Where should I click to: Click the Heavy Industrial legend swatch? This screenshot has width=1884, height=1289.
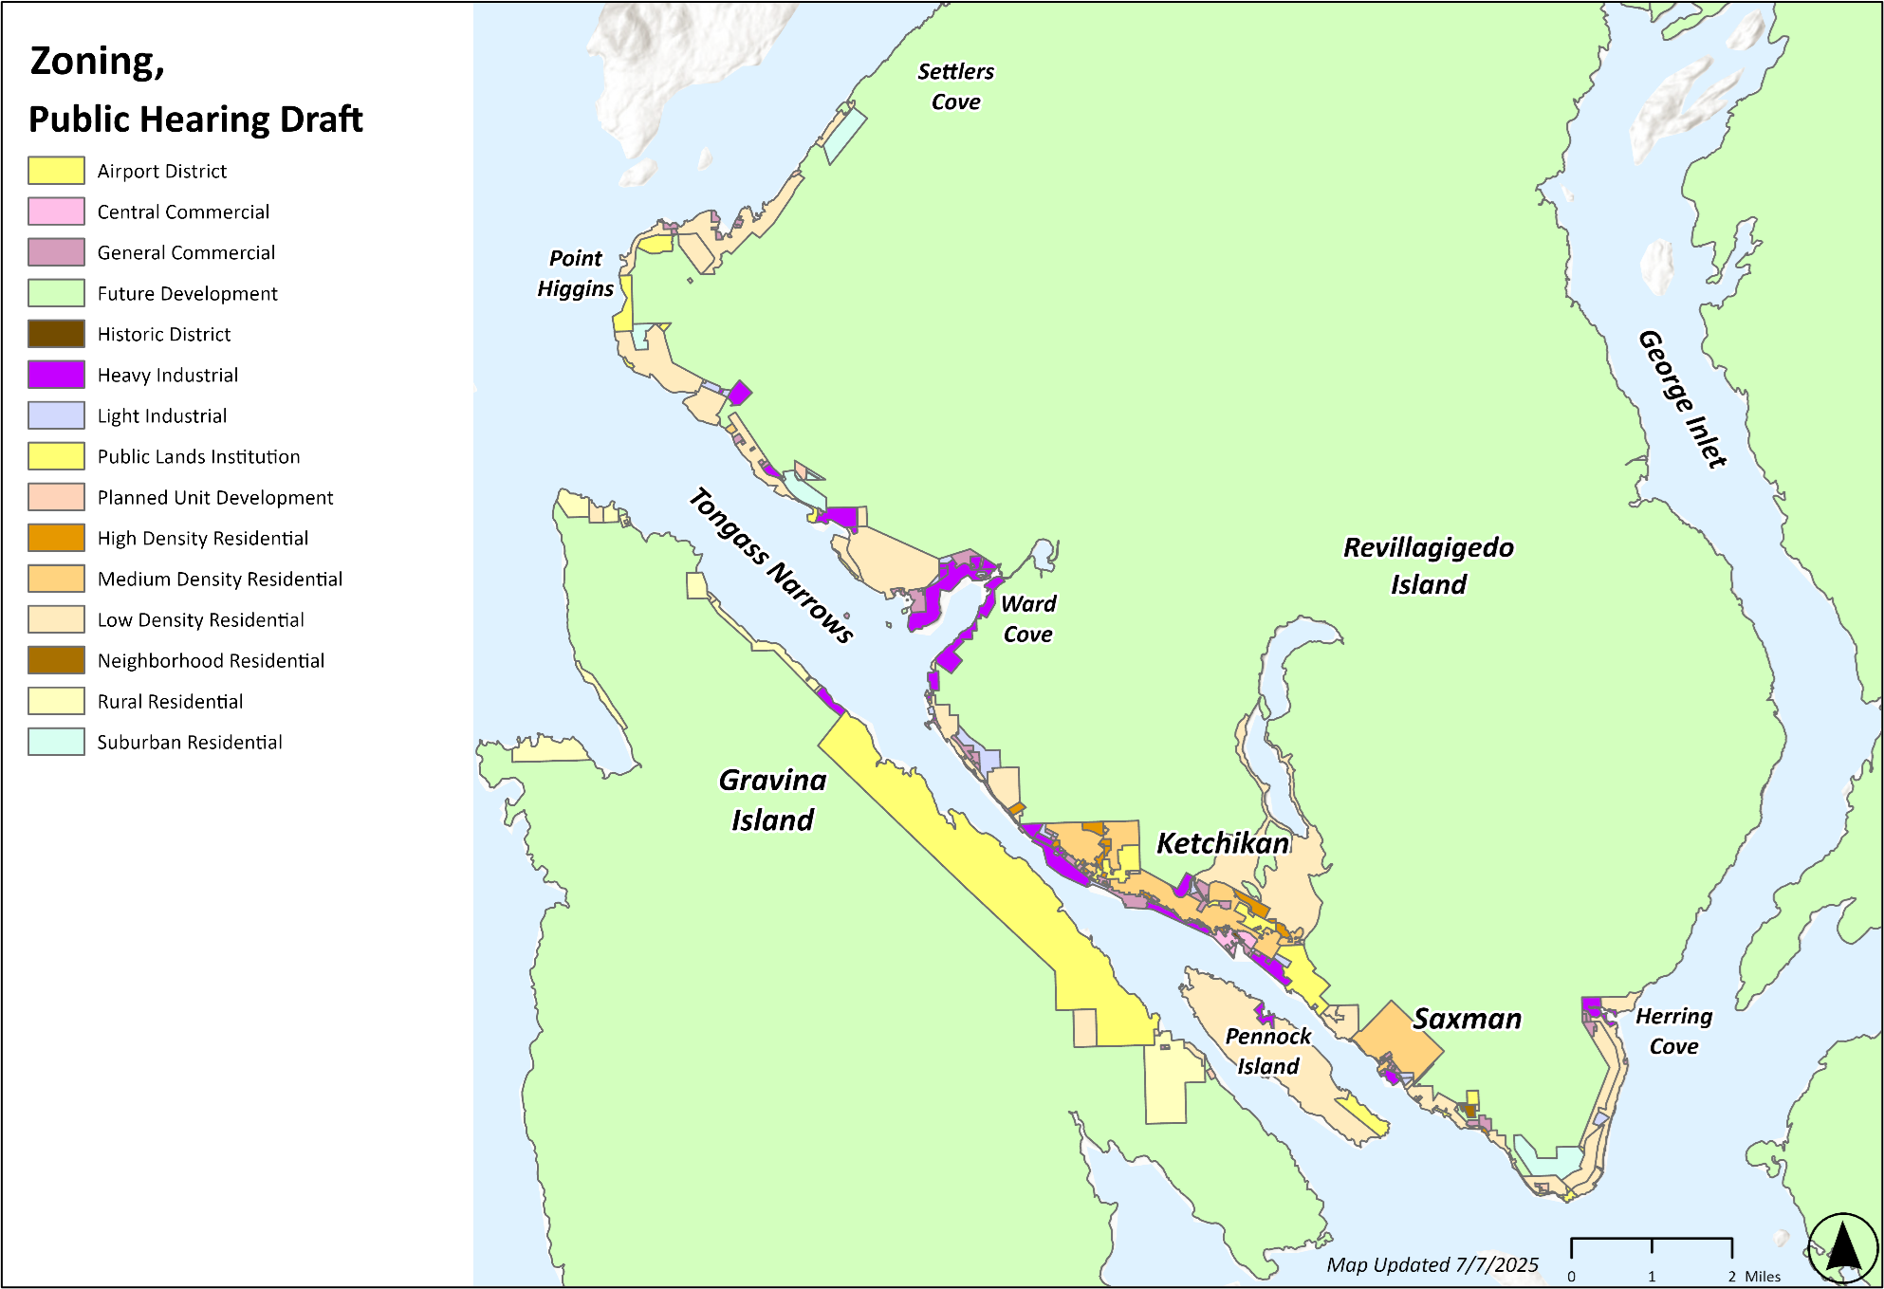click(56, 375)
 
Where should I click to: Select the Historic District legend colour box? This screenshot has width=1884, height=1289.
click(56, 334)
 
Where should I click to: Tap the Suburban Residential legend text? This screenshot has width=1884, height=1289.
click(190, 742)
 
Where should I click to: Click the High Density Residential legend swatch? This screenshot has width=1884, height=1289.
click(56, 538)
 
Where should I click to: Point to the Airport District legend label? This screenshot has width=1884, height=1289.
click(162, 171)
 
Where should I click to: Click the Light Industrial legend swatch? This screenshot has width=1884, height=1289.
click(56, 415)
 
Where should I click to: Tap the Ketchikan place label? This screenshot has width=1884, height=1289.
click(1223, 842)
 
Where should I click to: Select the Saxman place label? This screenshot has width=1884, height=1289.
click(1467, 1019)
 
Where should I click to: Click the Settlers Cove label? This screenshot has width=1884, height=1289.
click(955, 86)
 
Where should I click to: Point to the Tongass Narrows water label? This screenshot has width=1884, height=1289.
click(770, 565)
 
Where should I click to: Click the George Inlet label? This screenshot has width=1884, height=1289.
click(1682, 398)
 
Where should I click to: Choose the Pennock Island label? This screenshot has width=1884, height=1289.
click(1267, 1051)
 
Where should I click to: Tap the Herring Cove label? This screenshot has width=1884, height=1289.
click(1673, 1031)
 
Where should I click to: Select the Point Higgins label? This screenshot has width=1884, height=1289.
click(575, 273)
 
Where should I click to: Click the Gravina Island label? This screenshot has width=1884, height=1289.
click(772, 800)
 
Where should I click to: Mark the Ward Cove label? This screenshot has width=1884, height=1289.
click(1028, 618)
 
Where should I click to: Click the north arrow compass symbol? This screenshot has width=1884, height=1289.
click(1842, 1246)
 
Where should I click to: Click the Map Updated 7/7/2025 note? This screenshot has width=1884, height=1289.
click(1431, 1264)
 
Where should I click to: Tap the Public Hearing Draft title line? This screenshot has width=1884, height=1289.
click(195, 120)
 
